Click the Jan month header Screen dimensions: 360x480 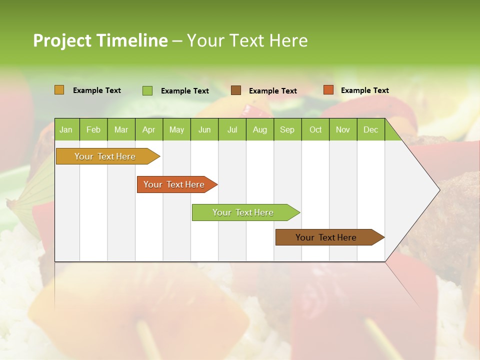point(66,129)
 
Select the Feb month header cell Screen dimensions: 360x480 point(93,129)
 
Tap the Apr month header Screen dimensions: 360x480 point(148,129)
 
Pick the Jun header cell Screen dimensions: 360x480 point(204,129)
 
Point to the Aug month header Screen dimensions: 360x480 point(259,129)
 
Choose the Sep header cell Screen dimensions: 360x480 point(287,129)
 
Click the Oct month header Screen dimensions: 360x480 point(315,129)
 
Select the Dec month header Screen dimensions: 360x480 point(370,129)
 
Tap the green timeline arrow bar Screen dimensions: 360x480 point(243,212)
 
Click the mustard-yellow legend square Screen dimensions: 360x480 point(59,90)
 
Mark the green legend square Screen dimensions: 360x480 point(147,90)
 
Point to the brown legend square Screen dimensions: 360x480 point(236,90)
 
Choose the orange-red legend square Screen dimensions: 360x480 point(328,90)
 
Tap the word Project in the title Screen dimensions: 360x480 point(62,40)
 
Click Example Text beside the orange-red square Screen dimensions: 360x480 point(364,90)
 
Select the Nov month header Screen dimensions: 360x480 point(343,129)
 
